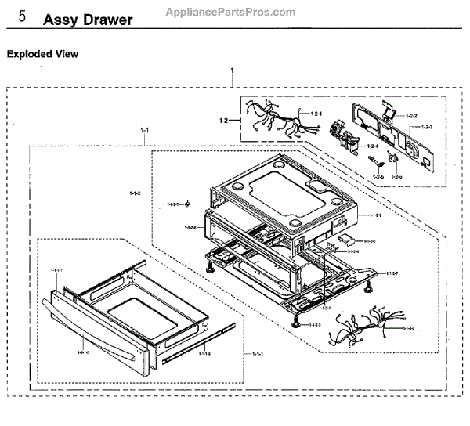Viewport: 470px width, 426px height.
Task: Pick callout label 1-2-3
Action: [x=428, y=127]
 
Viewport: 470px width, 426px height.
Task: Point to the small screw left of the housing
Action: [x=188, y=204]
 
